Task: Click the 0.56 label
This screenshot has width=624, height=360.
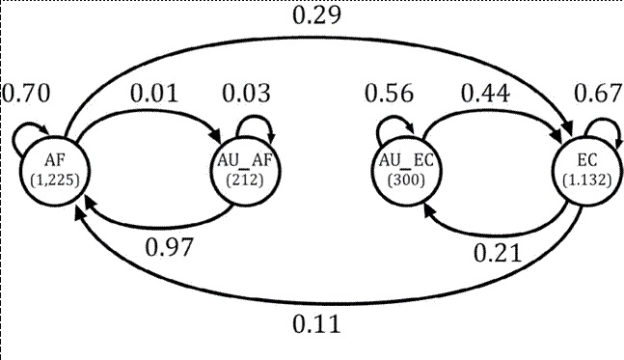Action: (x=390, y=95)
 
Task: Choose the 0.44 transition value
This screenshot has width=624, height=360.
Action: (x=486, y=95)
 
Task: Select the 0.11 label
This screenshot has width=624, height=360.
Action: (x=315, y=325)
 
